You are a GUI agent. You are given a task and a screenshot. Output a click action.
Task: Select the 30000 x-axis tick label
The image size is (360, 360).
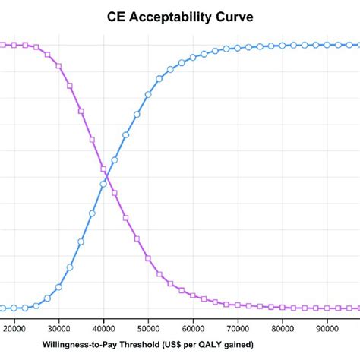point(59,329)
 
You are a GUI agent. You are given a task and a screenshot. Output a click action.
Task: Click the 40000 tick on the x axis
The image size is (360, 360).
point(104,329)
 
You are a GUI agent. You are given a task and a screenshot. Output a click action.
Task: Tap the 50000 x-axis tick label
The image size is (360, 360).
point(149,329)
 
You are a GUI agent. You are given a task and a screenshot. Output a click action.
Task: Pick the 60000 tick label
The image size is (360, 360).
point(193,329)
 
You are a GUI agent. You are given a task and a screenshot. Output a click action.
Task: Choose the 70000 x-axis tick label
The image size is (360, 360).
point(238,329)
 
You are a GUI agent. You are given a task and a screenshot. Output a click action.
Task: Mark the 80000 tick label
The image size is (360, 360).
point(283,329)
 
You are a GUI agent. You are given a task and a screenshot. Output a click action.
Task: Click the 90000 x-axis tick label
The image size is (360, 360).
point(327,329)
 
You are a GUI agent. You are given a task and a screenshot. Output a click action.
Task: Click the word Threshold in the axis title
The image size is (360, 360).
point(134,346)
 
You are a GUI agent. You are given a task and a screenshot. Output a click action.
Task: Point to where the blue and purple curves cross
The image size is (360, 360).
point(106,177)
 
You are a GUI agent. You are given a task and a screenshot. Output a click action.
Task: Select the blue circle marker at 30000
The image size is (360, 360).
point(59,287)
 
